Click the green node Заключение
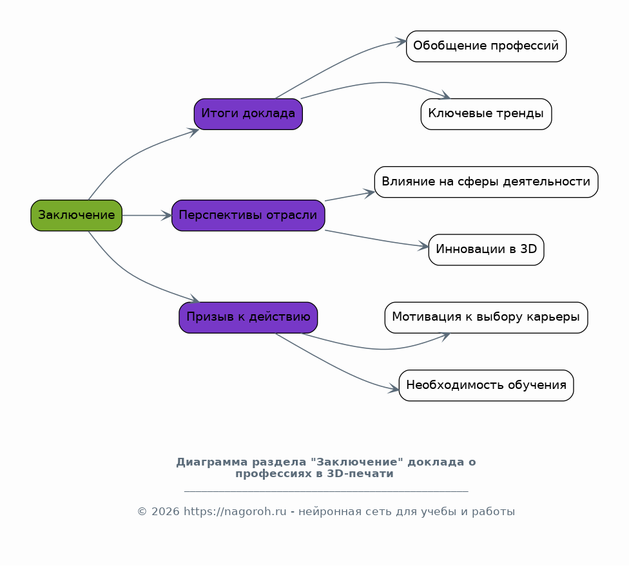pyautogui.click(x=76, y=215)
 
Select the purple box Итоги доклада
pyautogui.click(x=248, y=114)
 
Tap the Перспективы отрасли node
pyautogui.click(x=248, y=215)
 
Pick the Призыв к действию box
pyautogui.click(x=248, y=317)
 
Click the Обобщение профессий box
pyautogui.click(x=486, y=46)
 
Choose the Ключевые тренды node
pyautogui.click(x=486, y=114)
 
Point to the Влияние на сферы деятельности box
pyautogui.click(x=486, y=182)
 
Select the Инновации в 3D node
pyautogui.click(x=486, y=249)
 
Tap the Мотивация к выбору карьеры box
pyautogui.click(x=486, y=317)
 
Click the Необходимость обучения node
pyautogui.click(x=486, y=385)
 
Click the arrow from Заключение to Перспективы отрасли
pyautogui.click(x=146, y=215)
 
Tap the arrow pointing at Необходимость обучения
pyautogui.click(x=335, y=367)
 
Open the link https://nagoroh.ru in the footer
pyautogui.click(x=235, y=512)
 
